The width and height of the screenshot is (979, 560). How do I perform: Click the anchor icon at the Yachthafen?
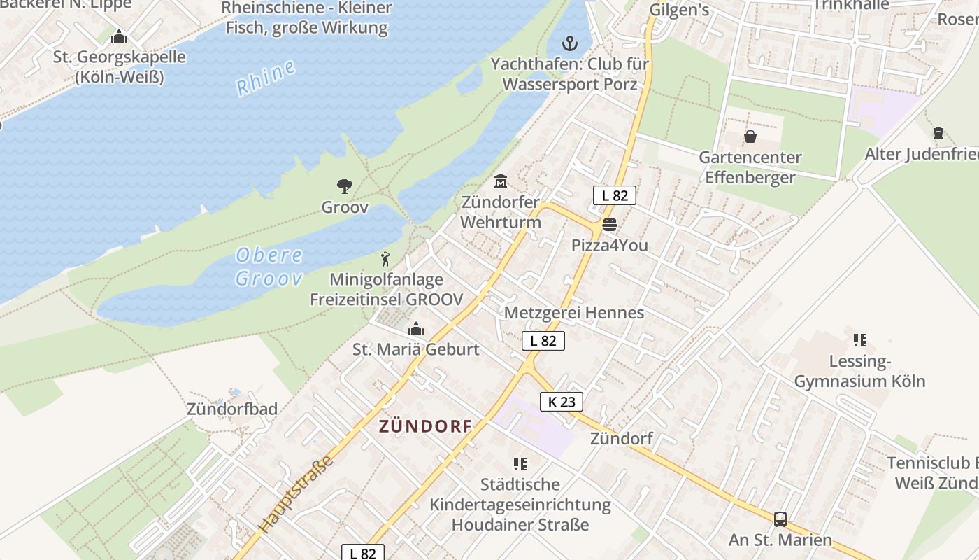click(x=571, y=43)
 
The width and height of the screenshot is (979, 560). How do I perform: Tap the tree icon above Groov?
click(x=344, y=186)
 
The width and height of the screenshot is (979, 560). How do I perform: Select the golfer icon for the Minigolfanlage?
click(x=385, y=259)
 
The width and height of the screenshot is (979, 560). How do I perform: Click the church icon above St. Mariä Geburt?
click(x=416, y=328)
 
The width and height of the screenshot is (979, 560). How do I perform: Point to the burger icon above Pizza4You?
click(x=609, y=225)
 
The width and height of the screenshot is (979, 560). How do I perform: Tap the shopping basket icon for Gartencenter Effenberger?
click(x=750, y=136)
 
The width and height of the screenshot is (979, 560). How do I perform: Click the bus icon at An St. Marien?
click(x=780, y=519)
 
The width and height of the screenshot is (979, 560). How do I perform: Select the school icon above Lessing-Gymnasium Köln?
click(x=859, y=340)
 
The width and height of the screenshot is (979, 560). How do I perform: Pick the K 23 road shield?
click(x=562, y=402)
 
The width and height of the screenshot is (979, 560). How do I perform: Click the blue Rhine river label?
click(x=266, y=78)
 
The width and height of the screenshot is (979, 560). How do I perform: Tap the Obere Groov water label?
click(x=269, y=267)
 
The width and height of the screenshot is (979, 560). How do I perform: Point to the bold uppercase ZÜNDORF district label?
click(x=425, y=426)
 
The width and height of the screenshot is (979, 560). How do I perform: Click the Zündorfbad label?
click(x=232, y=409)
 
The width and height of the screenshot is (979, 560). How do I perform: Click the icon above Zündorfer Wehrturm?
click(x=501, y=181)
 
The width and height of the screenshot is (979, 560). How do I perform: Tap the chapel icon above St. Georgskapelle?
click(x=119, y=36)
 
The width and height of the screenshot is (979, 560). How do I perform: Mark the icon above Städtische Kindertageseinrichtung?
click(x=520, y=463)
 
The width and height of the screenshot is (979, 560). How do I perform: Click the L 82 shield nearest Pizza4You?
click(x=615, y=195)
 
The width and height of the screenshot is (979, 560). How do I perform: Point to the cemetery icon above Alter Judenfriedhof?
click(x=938, y=132)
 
